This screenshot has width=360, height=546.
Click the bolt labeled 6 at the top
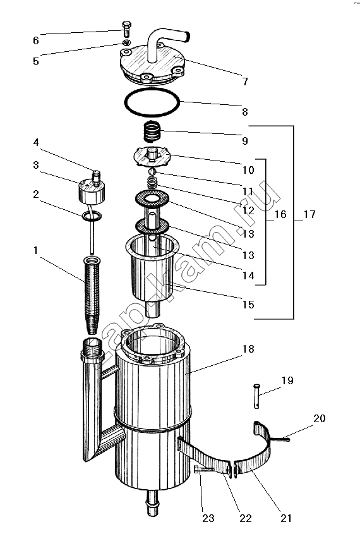click(x=126, y=29)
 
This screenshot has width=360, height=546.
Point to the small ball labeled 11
click(x=152, y=172)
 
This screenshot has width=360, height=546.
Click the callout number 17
click(x=309, y=214)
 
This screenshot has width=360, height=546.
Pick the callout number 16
click(x=280, y=214)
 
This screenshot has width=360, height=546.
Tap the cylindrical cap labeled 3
click(x=92, y=191)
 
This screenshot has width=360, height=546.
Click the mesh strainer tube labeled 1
click(x=92, y=294)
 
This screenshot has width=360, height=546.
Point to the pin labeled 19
click(x=256, y=396)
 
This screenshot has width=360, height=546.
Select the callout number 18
click(x=248, y=349)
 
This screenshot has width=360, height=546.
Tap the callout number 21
click(x=286, y=518)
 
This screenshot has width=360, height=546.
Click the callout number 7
click(x=245, y=82)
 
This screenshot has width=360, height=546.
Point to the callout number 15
click(x=248, y=305)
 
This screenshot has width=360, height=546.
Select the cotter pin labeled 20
click(x=280, y=438)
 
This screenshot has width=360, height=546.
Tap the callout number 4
click(x=36, y=142)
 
